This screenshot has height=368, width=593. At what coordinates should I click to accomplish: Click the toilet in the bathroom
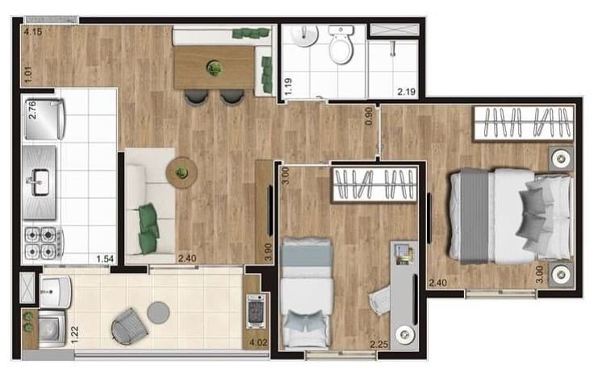[341, 44]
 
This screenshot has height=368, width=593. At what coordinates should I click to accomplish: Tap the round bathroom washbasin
[305, 35]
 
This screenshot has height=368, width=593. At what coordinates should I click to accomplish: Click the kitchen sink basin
[40, 182]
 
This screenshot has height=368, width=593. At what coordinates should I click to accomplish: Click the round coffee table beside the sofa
[181, 172]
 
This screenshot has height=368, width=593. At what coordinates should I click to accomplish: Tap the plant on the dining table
[214, 68]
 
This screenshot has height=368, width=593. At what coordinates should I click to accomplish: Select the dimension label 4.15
[33, 31]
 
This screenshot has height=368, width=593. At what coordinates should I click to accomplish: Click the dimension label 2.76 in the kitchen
[32, 110]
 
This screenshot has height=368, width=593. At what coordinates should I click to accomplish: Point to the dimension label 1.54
[105, 258]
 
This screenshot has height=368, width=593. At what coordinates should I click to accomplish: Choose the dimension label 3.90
[268, 252]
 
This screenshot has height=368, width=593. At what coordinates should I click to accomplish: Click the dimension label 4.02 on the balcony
[259, 343]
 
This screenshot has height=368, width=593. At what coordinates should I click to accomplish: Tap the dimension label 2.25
[379, 344]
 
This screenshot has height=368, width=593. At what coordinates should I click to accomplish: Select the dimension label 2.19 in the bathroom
[407, 92]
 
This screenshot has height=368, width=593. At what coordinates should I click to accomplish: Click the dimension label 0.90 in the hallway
[369, 116]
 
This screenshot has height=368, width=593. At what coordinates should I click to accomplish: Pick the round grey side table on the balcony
[159, 312]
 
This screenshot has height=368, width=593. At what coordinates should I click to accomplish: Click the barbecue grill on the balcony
[256, 312]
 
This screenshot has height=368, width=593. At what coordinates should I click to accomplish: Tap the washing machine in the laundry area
[52, 328]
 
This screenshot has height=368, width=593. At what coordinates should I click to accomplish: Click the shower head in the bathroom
[393, 48]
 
